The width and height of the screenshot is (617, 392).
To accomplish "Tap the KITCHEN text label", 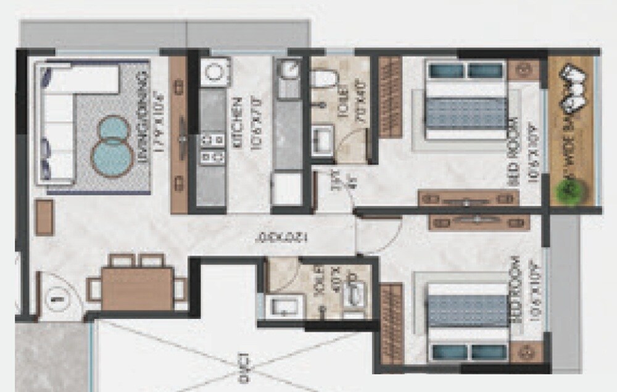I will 238,130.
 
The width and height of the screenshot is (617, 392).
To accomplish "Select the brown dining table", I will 137,289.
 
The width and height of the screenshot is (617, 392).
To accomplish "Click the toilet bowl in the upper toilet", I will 323,78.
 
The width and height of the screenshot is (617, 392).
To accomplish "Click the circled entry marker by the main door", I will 57,298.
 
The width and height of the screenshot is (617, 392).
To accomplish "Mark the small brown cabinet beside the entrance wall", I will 44,217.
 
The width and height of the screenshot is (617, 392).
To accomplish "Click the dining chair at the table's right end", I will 180,289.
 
